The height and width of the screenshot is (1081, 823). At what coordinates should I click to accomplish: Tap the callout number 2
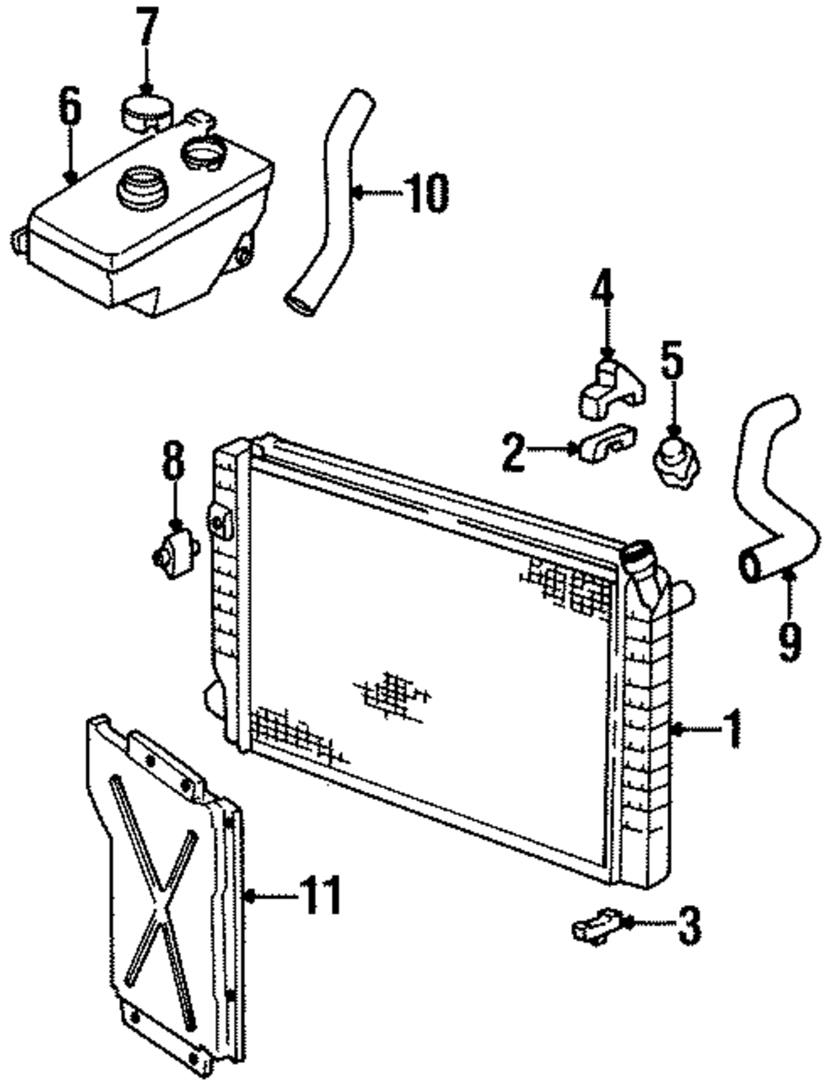pos(514,452)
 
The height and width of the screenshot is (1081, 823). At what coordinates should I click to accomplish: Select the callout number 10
pos(426,193)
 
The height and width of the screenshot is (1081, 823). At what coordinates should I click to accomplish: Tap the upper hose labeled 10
pos(329,206)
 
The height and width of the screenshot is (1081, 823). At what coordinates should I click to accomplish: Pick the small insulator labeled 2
pos(607,443)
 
